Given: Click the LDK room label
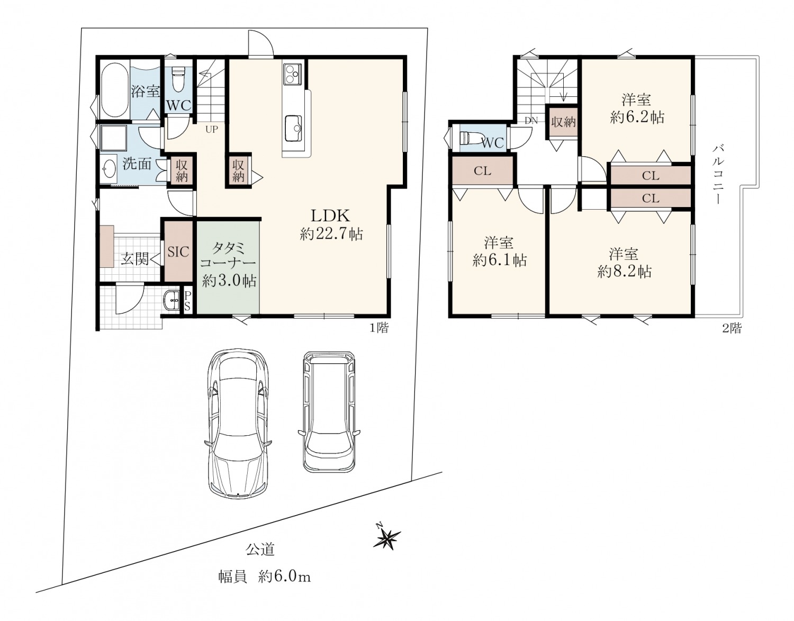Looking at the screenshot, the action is coord(330,216).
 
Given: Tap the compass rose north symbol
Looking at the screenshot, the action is coord(386,537).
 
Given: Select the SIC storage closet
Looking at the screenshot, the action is coord(178,251).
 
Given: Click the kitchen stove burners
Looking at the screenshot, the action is coord(292,74).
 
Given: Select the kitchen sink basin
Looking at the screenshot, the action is coord(293,128).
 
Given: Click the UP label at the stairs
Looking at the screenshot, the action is coord(212,129).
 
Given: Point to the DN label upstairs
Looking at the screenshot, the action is coord(531,121).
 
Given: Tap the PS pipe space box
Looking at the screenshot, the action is coord(187,301).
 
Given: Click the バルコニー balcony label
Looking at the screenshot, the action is coord(717,174).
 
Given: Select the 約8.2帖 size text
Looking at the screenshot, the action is coord(625,272).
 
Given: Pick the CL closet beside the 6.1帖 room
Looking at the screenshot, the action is coord(482,170).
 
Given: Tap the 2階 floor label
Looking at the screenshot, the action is coord(732,328).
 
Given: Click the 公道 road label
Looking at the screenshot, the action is coord(260,548).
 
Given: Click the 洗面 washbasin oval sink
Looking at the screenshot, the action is coord(109,169).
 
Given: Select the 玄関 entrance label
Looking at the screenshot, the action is coord(134,259).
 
